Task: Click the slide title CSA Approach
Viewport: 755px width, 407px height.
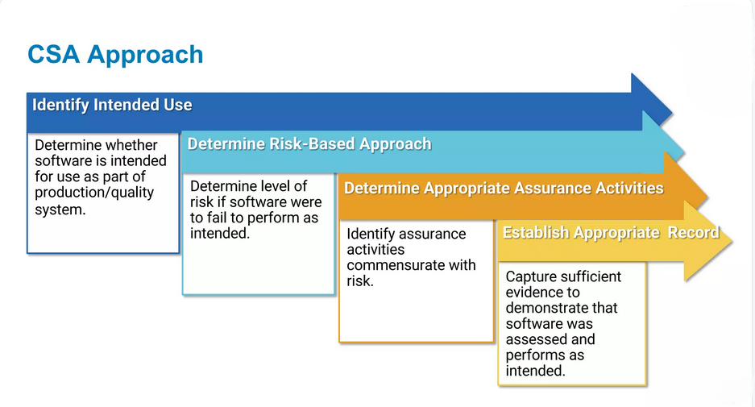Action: pyautogui.click(x=115, y=55)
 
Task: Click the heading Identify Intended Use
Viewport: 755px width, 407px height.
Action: pyautogui.click(x=112, y=105)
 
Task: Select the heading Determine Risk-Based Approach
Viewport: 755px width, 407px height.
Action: pyautogui.click(x=309, y=144)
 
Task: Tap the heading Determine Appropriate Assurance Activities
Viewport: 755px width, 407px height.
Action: pyautogui.click(x=504, y=188)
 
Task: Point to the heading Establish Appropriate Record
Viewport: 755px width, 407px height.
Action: pyautogui.click(x=611, y=233)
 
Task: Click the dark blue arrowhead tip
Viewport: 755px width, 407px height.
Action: pyautogui.click(x=672, y=114)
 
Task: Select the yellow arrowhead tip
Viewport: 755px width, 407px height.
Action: pyautogui.click(x=732, y=241)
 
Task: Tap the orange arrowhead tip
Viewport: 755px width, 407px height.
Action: pyautogui.click(x=707, y=197)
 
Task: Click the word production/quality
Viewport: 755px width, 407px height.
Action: pyautogui.click(x=94, y=193)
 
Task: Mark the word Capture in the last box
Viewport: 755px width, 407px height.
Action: pyautogui.click(x=529, y=277)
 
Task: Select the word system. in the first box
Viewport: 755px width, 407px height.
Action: pyautogui.click(x=60, y=210)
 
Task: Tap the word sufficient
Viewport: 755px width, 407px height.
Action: pyautogui.click(x=588, y=276)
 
